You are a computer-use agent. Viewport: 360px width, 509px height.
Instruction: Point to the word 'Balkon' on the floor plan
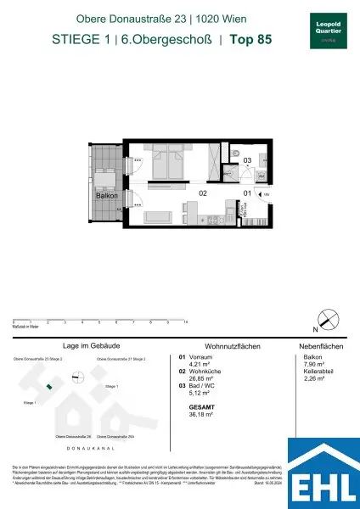[x=107, y=195]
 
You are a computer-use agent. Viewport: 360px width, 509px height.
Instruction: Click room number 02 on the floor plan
[x=203, y=193]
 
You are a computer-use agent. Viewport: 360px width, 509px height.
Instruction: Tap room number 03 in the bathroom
[x=247, y=160]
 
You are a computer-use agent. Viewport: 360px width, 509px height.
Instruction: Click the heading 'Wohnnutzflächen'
[x=211, y=347]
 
